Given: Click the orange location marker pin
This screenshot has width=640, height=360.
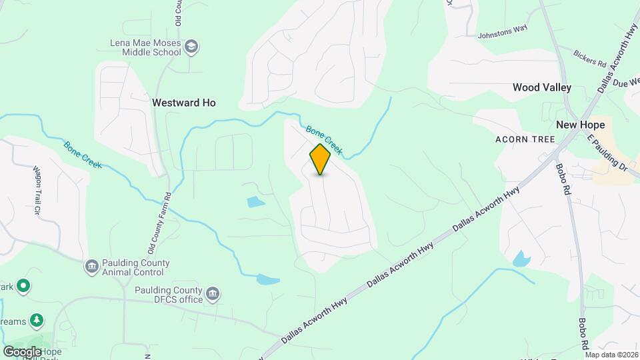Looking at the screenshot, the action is point(321,159).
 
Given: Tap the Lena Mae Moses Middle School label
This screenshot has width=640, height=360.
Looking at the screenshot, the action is point(145,47).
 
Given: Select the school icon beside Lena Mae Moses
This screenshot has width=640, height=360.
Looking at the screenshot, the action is point(192,46).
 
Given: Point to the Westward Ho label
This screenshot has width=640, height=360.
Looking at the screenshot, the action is point(184,103).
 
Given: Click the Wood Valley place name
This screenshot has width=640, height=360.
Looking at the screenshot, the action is point(542,87).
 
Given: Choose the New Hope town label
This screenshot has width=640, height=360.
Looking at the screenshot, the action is point(581,125).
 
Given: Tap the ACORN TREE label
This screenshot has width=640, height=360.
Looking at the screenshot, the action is point(525,139).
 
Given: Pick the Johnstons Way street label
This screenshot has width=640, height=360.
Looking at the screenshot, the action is point(501,34).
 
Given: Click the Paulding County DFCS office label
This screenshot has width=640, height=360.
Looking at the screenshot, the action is point(168,295).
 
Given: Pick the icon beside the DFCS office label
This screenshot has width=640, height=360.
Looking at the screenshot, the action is point(213,293).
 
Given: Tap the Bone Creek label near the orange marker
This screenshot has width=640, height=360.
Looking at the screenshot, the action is point(324,139).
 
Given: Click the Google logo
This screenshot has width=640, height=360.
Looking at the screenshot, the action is point(22,351).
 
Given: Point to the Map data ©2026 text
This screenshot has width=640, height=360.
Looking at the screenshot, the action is point(611,355).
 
